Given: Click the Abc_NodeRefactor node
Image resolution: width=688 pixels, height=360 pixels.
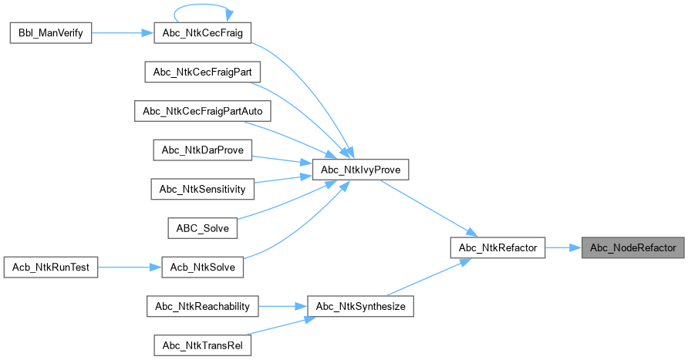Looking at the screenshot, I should click(x=632, y=247).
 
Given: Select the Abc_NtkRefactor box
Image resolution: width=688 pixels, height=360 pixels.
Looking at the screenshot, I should click(x=497, y=247).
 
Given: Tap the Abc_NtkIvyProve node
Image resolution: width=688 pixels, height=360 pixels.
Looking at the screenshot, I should click(x=359, y=170).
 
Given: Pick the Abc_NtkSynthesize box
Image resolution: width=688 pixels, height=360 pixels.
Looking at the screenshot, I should click(x=361, y=306).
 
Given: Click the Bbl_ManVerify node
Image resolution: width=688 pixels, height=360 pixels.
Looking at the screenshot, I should click(x=50, y=33).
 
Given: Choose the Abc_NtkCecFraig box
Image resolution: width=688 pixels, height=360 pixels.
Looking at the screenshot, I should click(x=203, y=33).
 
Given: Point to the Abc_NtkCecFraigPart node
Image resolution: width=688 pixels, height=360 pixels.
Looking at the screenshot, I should click(x=203, y=72).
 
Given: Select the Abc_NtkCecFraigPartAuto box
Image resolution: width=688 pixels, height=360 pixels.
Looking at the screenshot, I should click(x=203, y=111).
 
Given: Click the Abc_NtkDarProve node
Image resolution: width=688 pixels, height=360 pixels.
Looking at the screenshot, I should click(x=203, y=150).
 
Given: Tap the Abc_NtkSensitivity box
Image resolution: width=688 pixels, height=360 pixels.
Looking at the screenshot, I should click(x=202, y=189).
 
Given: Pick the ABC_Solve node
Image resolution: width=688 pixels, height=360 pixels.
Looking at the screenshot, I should click(x=203, y=228).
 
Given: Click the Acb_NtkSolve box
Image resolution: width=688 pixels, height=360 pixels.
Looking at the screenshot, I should click(x=203, y=267).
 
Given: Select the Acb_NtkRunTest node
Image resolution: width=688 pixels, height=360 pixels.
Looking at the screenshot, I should click(x=50, y=267).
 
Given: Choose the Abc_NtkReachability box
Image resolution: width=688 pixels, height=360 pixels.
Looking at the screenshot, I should click(x=203, y=306).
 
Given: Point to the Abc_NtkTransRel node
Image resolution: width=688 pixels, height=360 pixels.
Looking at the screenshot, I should click(x=203, y=345).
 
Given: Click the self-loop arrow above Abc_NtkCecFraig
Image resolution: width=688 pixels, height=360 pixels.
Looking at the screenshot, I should click(x=203, y=7).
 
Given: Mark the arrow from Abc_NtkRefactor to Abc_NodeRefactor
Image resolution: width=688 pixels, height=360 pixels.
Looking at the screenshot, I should click(x=564, y=247).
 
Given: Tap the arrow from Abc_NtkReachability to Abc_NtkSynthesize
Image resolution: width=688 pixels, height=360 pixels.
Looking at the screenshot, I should click(x=282, y=306).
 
